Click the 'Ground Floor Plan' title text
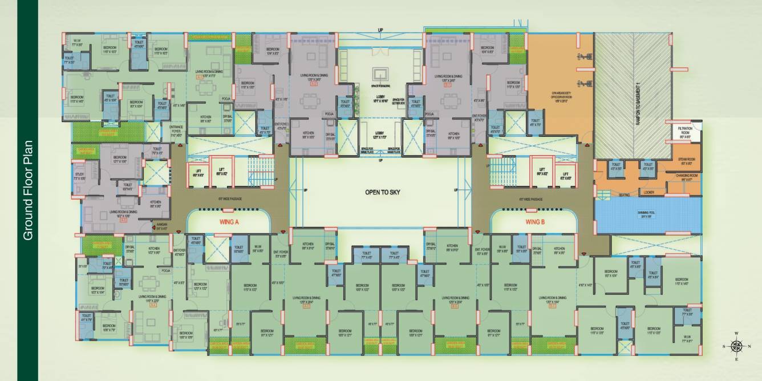click(x=27, y=190)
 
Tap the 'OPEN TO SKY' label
click(x=381, y=193)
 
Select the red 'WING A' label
click(x=228, y=222)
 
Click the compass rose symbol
click(x=736, y=346)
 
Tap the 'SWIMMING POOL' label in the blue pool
click(x=647, y=216)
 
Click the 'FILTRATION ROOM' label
click(x=684, y=133)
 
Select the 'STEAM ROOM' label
click(x=686, y=162)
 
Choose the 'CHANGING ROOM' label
click(x=687, y=177)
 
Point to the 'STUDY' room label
click(x=79, y=176)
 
